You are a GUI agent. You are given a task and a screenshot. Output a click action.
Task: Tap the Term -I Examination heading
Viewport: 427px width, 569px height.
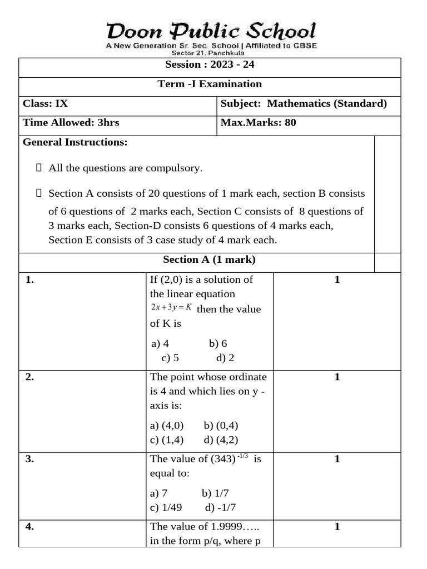(x=210, y=84)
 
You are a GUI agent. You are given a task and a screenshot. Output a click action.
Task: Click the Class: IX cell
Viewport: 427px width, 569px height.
(x=46, y=103)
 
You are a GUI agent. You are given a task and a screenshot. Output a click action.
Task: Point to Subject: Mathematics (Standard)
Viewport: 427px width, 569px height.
(x=304, y=103)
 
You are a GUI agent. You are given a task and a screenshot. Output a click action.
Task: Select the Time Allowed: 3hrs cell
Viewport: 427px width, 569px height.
(x=71, y=123)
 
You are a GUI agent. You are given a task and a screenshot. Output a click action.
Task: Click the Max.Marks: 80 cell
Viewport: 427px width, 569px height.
(x=259, y=123)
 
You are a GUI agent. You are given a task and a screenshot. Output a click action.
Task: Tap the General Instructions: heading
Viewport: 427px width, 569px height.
(x=75, y=142)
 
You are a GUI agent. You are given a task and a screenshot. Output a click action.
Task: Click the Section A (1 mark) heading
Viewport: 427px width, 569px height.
(x=209, y=259)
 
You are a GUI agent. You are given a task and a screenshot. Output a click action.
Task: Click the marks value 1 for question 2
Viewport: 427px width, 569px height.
(x=337, y=377)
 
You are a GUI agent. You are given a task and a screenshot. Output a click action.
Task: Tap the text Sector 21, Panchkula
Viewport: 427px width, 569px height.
(x=211, y=53)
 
